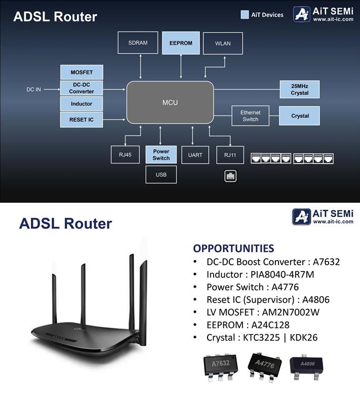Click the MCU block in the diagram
[170, 103]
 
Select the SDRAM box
[138, 43]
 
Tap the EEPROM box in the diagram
[181, 43]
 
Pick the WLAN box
[223, 43]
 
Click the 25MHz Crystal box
[300, 90]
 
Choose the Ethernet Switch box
[250, 116]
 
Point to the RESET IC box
[82, 120]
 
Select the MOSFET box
[82, 72]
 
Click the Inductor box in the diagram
[82, 104]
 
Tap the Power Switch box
[161, 155]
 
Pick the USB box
[161, 175]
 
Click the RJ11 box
[223, 155]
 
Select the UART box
[192, 155]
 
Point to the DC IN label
[34, 90]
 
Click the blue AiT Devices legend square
[245, 15]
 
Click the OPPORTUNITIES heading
[233, 248]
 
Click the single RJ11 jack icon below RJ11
[231, 176]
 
